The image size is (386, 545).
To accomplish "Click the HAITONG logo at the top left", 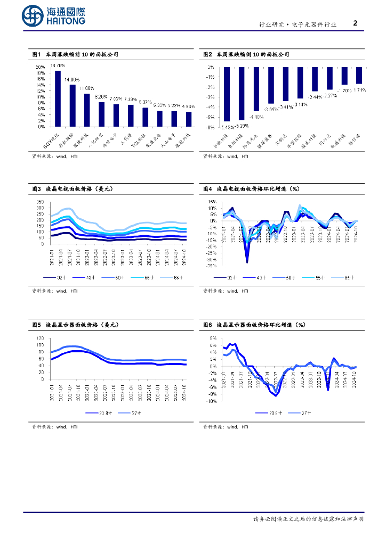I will (x=53, y=16).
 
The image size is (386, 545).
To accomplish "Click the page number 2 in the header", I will (x=356, y=23).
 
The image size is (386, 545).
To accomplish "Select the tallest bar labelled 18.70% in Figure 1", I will (x=58, y=98).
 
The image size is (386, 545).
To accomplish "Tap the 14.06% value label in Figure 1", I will (x=72, y=79).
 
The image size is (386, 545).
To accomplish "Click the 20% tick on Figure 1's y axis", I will (x=41, y=67).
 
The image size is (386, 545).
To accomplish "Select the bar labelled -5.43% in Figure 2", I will (x=226, y=94).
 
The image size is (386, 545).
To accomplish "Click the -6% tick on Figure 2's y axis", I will (x=211, y=127).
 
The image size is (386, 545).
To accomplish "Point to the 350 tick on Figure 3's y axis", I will (x=40, y=202).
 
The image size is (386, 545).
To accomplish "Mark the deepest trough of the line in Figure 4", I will (x=247, y=262).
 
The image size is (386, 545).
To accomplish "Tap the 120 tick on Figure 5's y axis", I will (x=40, y=338).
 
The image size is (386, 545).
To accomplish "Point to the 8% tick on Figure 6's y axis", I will (x=212, y=338).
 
